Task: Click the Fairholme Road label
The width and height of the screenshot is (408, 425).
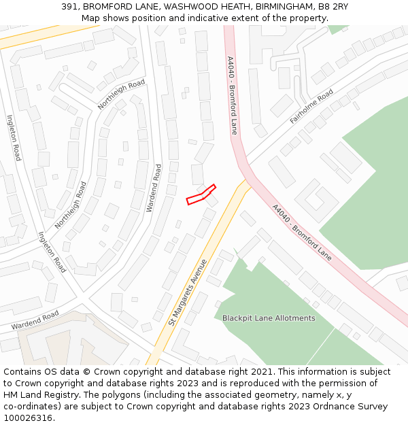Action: point(311,106)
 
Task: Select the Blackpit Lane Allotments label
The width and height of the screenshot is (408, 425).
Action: point(269,318)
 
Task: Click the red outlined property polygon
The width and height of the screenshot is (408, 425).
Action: point(201,194)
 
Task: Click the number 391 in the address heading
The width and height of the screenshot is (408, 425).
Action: point(69,6)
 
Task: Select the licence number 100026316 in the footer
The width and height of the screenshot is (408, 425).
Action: point(28,418)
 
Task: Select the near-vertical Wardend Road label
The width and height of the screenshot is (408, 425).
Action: point(154,187)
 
